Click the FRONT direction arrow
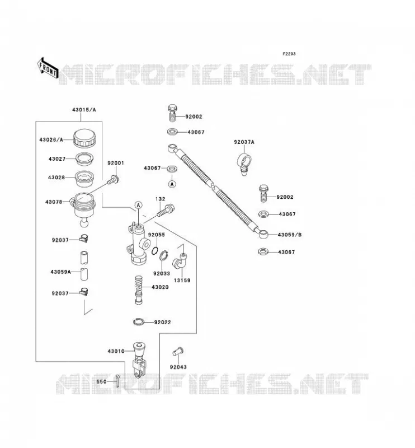[48, 68]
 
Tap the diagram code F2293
[289, 54]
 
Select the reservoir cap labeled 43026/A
[84, 138]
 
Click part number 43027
[57, 159]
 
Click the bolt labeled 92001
[114, 180]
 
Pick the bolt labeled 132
[166, 211]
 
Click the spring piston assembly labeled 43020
[139, 290]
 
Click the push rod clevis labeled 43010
[139, 360]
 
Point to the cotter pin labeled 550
[117, 381]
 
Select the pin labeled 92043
[178, 352]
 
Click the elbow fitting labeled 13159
[180, 260]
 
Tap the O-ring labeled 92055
[155, 250]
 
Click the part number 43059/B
[289, 235]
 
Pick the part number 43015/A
[84, 110]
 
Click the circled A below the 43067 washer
[172, 184]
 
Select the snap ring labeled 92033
[163, 255]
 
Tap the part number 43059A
[60, 272]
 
